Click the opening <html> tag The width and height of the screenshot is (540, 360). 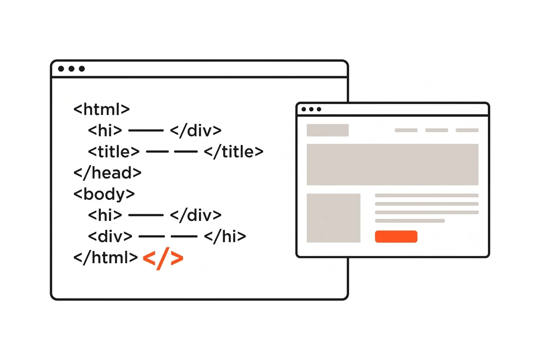click(x=102, y=109)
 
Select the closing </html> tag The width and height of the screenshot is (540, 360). click(x=106, y=258)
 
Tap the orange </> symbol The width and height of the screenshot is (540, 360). click(x=163, y=258)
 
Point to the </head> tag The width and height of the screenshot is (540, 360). click(x=107, y=173)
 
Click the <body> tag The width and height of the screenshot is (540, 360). click(x=104, y=194)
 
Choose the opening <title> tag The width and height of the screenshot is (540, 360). click(x=114, y=152)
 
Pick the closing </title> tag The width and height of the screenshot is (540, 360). click(x=234, y=152)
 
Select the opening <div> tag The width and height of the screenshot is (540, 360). click(x=110, y=237)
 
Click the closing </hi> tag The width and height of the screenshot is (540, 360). click(x=225, y=237)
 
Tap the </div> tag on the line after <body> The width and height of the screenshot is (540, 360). click(x=196, y=215)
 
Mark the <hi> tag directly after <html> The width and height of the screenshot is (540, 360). click(x=105, y=130)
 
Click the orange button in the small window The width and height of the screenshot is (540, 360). click(x=396, y=237)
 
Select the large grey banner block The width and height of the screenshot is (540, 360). click(x=392, y=164)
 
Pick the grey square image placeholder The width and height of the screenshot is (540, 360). click(x=333, y=218)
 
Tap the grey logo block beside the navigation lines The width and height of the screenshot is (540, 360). click(x=328, y=130)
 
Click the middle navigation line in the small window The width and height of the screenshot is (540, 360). click(x=436, y=130)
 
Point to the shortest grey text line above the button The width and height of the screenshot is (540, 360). click(x=410, y=221)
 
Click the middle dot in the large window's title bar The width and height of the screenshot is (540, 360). click(x=72, y=69)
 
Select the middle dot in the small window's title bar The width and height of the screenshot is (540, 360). click(x=311, y=109)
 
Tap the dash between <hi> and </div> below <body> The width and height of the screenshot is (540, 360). click(x=146, y=215)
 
